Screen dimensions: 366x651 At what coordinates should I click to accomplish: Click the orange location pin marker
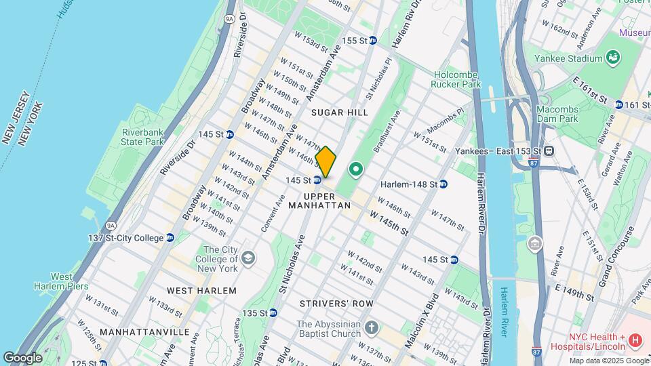pyautogui.click(x=326, y=162)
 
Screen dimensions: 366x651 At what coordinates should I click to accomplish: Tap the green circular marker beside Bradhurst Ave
pyautogui.click(x=355, y=169)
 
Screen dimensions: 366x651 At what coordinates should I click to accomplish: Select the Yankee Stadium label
pyautogui.click(x=572, y=58)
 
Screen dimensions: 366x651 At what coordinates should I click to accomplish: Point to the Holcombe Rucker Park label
pyautogui.click(x=456, y=79)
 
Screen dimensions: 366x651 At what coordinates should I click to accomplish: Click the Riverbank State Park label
pyautogui.click(x=143, y=137)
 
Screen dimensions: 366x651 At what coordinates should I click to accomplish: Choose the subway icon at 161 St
pyautogui.click(x=618, y=104)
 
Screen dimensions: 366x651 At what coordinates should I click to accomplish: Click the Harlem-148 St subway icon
pyautogui.click(x=443, y=184)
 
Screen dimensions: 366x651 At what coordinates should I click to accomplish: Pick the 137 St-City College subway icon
pyautogui.click(x=170, y=238)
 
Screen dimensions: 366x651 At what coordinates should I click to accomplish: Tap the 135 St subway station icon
pyautogui.click(x=273, y=312)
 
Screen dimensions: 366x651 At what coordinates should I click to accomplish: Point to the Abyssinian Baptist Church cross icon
pyautogui.click(x=371, y=329)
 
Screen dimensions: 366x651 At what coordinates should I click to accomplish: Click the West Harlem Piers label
pyautogui.click(x=70, y=281)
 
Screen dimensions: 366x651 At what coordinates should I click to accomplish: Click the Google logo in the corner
pyautogui.click(x=23, y=357)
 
